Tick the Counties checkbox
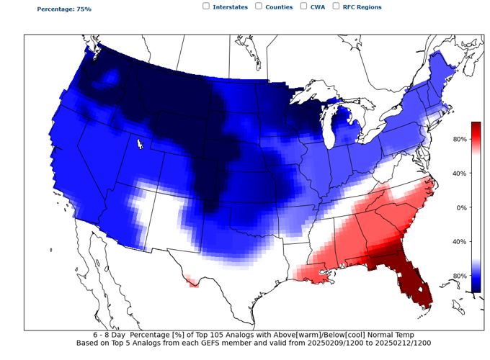coord(258,6)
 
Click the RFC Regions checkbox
coord(335,6)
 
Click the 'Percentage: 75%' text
coord(64,9)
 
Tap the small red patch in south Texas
coord(192,282)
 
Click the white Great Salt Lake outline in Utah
coord(140,144)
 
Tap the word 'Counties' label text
coord(279,6)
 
